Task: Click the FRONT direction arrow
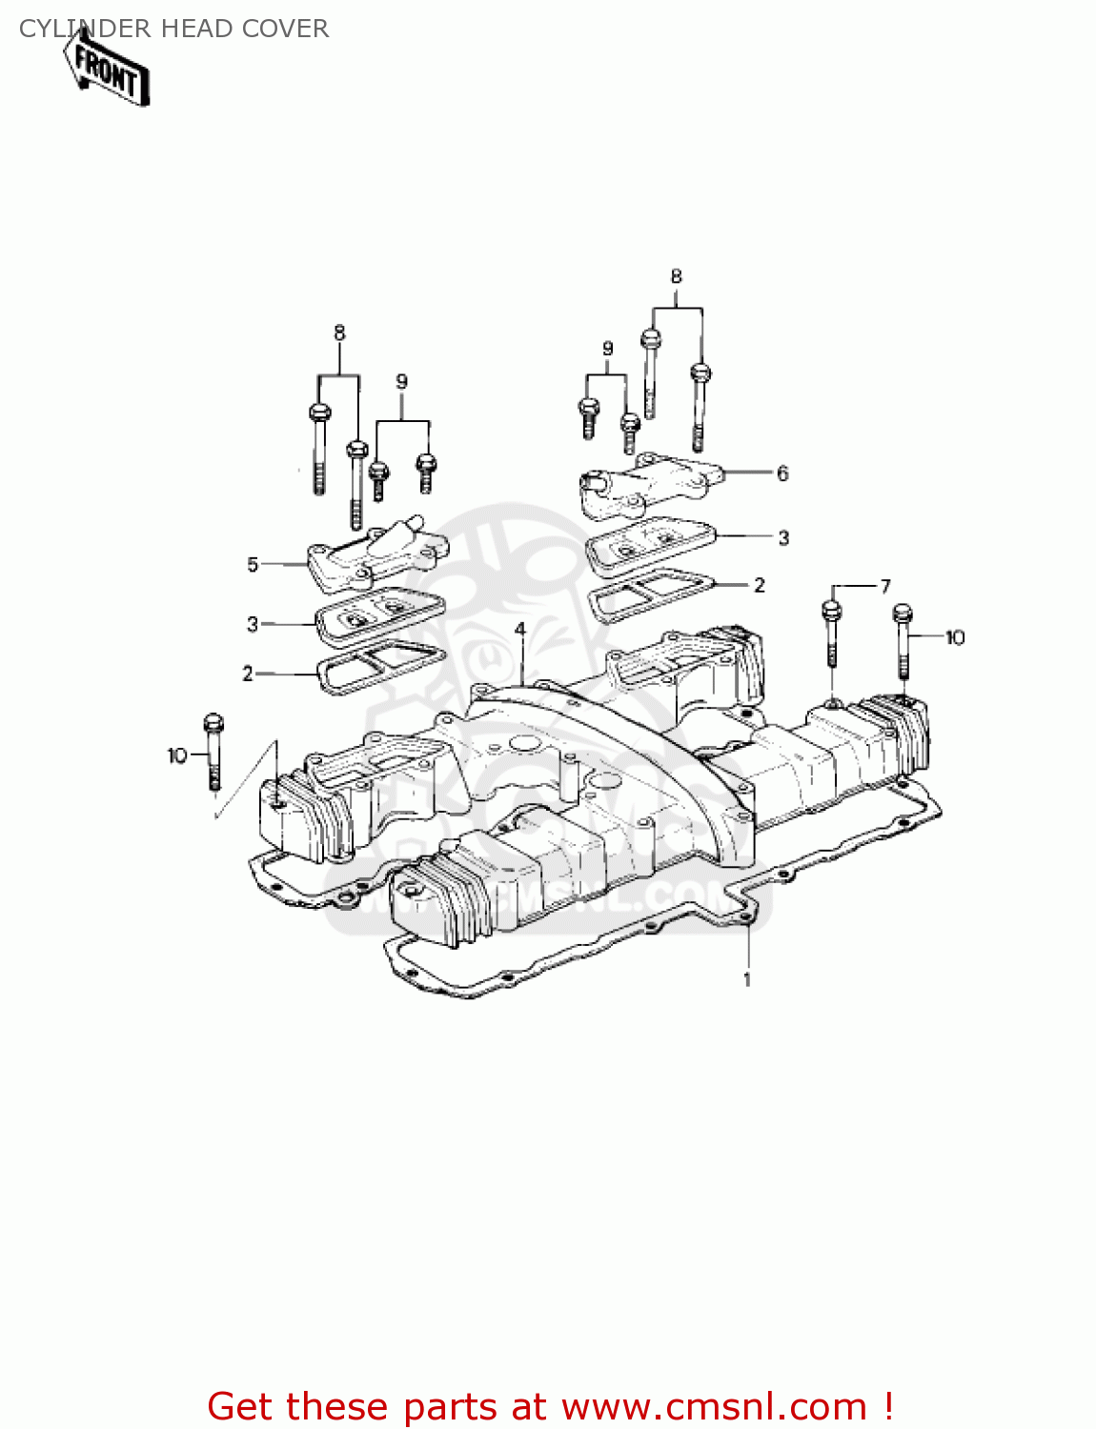coord(107,69)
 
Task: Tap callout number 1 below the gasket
coord(746,979)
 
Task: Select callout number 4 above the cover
coord(519,630)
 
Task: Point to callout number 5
coord(253,564)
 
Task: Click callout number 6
coord(782,473)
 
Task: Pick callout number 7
coord(885,585)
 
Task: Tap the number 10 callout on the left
coord(177,756)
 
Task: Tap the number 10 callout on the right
coord(955,636)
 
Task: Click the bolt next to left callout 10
coord(213,751)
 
